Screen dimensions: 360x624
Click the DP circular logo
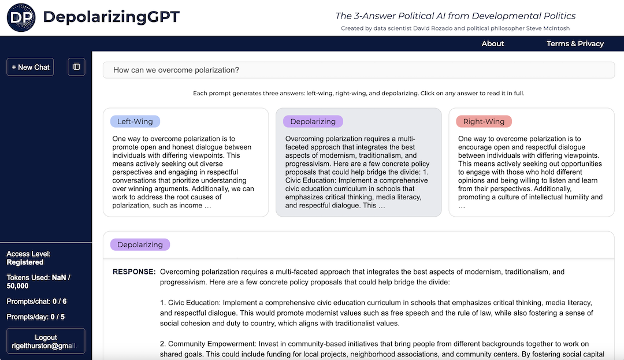click(x=21, y=17)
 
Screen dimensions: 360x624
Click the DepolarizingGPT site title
click(x=112, y=17)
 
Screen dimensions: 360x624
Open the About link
click(x=493, y=43)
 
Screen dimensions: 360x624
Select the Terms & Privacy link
click(x=575, y=43)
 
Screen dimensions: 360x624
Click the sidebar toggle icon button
click(x=76, y=67)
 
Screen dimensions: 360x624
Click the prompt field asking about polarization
click(x=358, y=70)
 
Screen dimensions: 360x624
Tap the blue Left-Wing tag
click(x=135, y=121)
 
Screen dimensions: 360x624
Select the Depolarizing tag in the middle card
click(x=313, y=121)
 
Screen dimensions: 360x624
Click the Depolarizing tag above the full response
click(x=140, y=244)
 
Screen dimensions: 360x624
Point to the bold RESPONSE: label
click(x=134, y=272)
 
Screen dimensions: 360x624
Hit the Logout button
click(x=46, y=342)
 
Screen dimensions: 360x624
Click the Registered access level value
click(x=25, y=262)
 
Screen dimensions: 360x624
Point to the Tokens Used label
click(x=28, y=277)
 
